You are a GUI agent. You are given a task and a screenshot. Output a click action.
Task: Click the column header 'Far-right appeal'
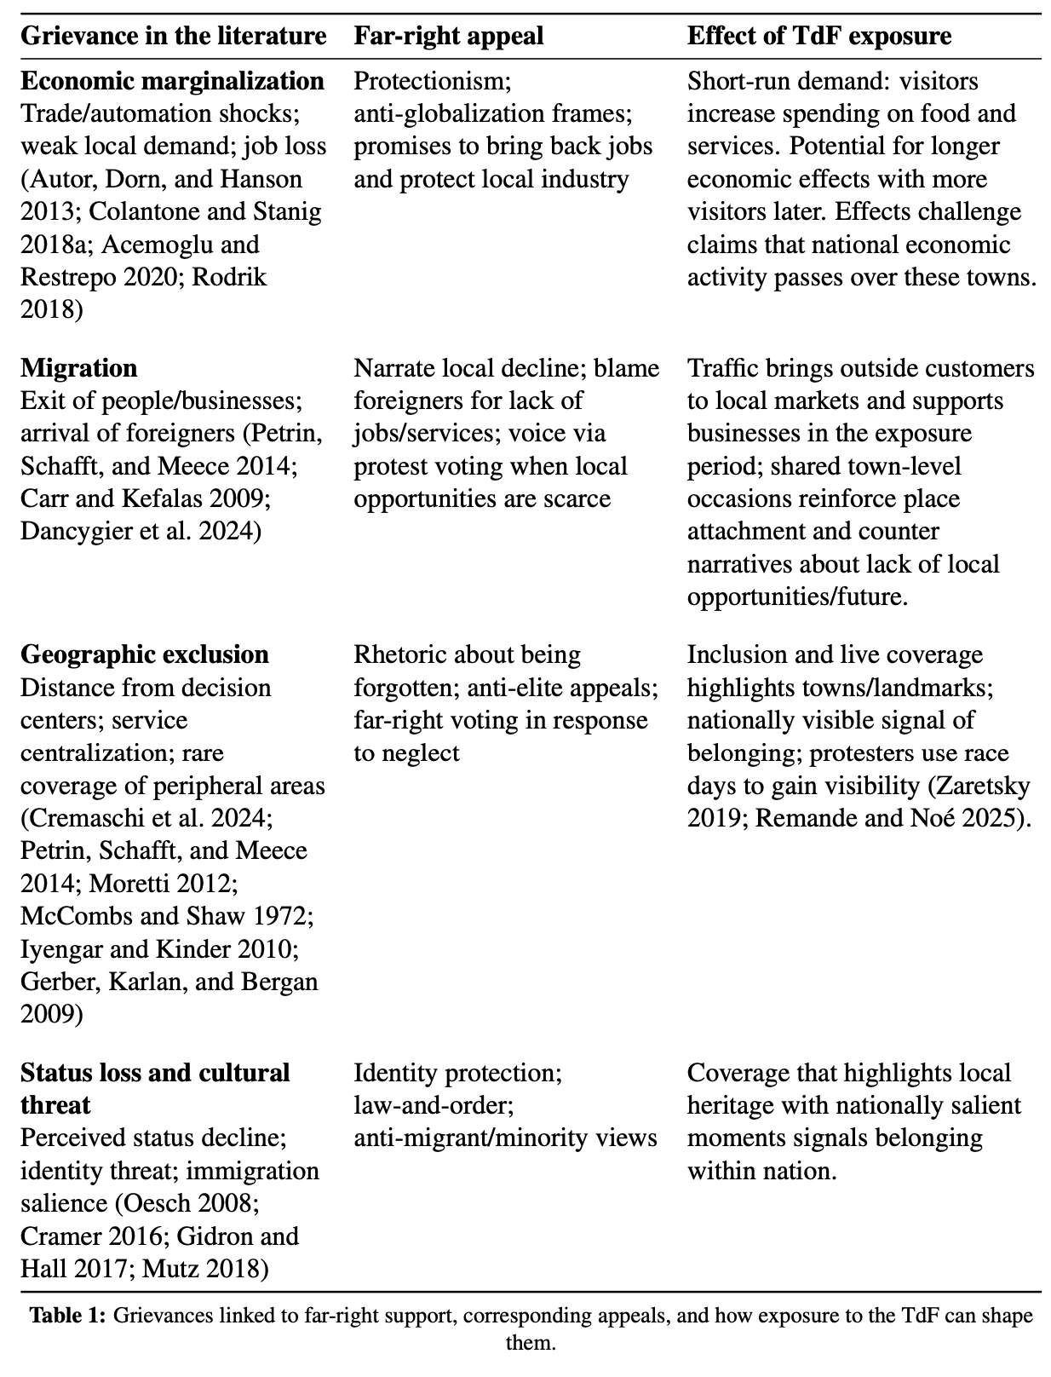(x=448, y=36)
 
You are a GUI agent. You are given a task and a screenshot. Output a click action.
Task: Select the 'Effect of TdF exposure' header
(x=818, y=36)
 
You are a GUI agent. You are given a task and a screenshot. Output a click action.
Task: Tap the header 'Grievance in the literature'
(x=173, y=36)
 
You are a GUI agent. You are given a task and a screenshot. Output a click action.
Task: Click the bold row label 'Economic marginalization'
(x=172, y=81)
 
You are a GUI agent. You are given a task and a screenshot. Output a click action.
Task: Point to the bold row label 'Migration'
(x=78, y=368)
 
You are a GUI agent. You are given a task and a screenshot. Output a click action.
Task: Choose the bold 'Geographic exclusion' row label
(x=144, y=654)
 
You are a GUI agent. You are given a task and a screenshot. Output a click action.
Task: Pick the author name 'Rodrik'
(x=230, y=278)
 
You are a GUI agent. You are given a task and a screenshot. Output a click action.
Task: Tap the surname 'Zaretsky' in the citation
(x=981, y=785)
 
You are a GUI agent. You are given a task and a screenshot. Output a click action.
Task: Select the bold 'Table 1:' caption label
(x=69, y=1315)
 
